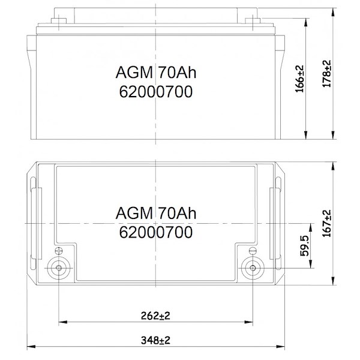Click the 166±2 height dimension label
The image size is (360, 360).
coord(299,79)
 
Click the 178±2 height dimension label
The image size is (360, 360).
coord(327,73)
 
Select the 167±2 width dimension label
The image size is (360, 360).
coord(327,223)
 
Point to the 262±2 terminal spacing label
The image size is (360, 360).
coord(155,316)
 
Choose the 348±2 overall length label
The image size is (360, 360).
coord(155,340)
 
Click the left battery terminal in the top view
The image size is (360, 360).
coord(59,268)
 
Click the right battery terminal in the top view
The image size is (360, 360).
coord(253,268)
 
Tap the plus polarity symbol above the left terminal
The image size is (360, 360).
coord(59,251)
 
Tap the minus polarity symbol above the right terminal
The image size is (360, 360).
coord(253,251)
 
